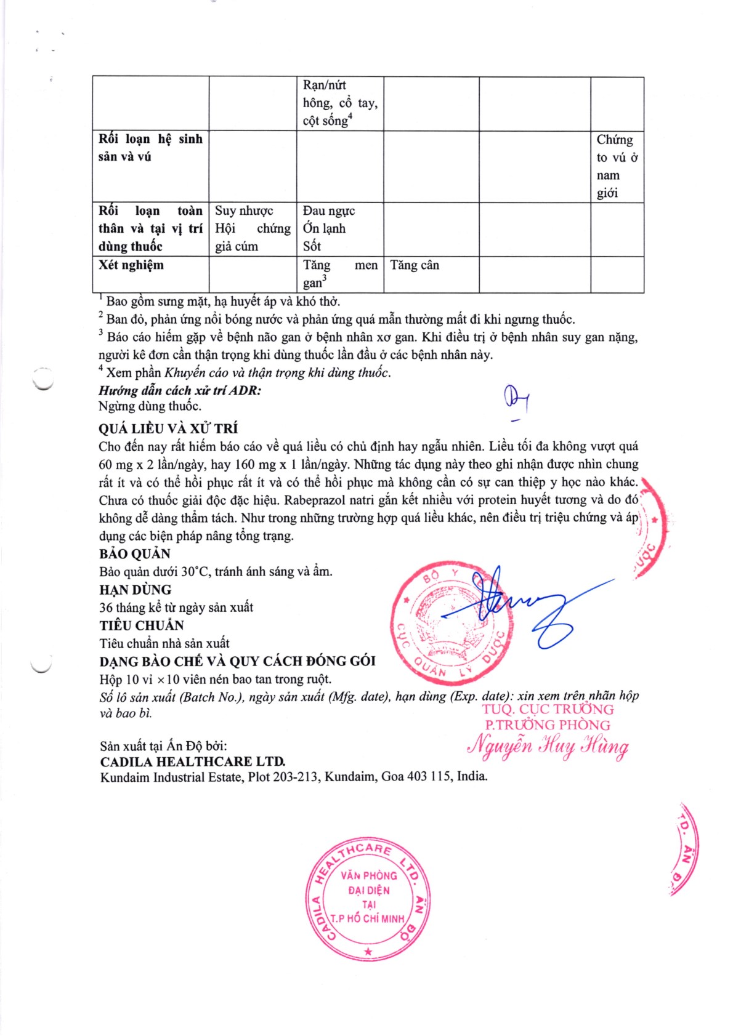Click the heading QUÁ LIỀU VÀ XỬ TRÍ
click(168, 428)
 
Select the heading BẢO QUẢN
click(135, 553)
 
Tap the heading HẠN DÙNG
click(136, 589)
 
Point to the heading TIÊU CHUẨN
click(142, 625)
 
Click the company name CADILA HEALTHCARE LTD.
click(193, 761)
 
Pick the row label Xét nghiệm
click(131, 265)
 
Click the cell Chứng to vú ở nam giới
click(617, 166)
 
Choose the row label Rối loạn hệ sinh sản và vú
click(150, 148)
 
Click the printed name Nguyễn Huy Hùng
click(548, 746)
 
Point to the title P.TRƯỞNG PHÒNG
click(548, 725)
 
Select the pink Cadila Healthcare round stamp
click(368, 898)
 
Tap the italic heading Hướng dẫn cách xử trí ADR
click(179, 390)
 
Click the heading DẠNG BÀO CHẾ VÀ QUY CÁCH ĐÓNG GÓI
click(237, 661)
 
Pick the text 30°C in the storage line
click(195, 571)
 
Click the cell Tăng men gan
click(340, 274)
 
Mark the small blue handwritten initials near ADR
click(517, 400)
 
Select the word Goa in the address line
click(392, 776)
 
